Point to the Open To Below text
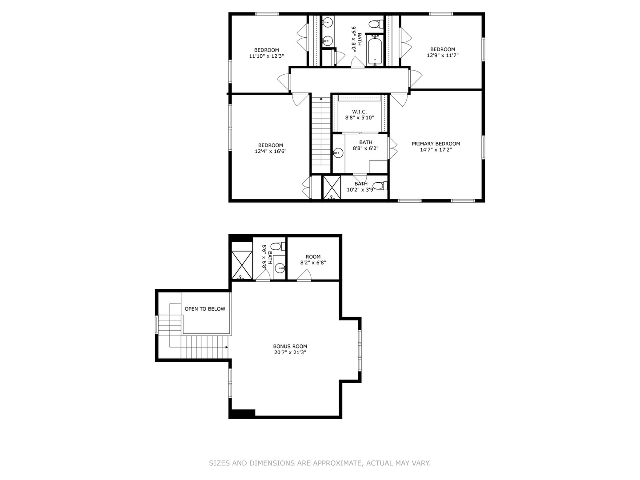205,308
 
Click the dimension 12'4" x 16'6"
271,151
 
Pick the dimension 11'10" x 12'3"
267,56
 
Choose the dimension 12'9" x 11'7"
443,55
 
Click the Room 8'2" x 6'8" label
313,260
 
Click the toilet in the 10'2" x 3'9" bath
380,185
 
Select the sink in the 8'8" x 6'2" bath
338,152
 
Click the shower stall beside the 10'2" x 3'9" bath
332,188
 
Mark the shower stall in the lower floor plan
242,265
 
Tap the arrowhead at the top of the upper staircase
321,99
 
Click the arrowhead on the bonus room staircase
226,347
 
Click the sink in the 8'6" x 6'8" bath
280,268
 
